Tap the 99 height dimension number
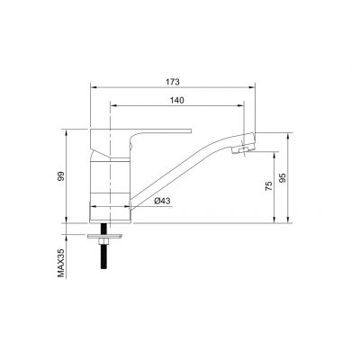point(60,177)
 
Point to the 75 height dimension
point(267,188)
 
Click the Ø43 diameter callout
point(163,202)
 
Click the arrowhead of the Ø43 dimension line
point(132,209)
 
